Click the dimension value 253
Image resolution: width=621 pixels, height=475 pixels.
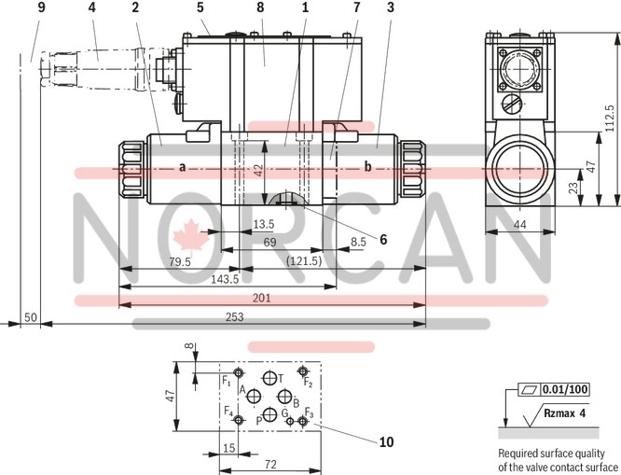tap(236, 318)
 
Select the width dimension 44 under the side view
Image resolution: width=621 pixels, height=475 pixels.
tap(520, 225)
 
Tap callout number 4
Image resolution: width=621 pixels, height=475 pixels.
tap(91, 8)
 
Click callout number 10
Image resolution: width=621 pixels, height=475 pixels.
tap(388, 440)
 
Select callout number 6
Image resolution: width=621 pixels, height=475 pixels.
tap(381, 238)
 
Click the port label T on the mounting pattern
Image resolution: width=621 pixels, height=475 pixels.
tap(280, 379)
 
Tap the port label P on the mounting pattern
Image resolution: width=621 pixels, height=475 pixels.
tap(259, 421)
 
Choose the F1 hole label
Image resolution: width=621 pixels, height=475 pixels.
tap(227, 380)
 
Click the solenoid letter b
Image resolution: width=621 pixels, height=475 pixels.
tap(367, 167)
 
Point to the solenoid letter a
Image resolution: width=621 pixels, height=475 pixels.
tap(182, 167)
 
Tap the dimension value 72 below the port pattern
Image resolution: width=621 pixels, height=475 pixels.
tap(270, 464)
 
